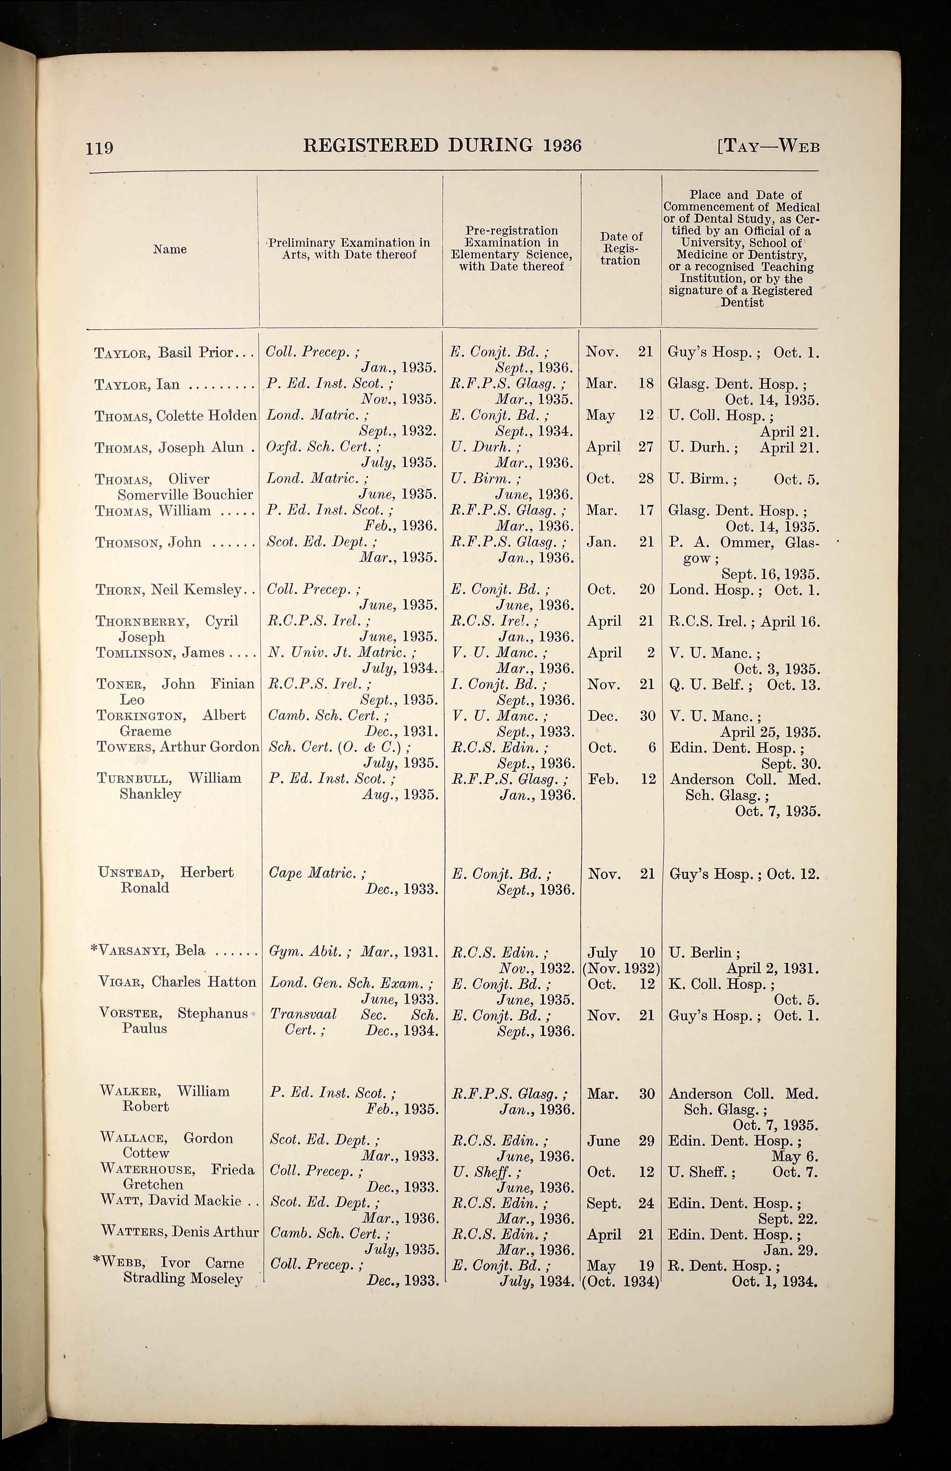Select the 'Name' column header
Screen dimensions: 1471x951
170,249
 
